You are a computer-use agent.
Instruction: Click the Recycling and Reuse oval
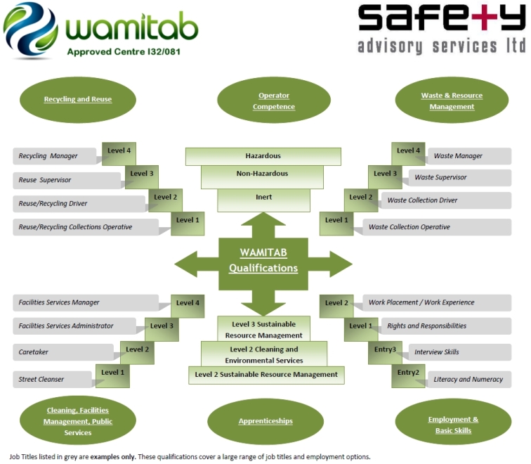point(77,99)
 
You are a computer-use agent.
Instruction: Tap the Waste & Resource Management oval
point(452,101)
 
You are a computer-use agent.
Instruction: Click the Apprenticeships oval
point(264,421)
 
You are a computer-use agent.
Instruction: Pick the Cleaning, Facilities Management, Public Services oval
point(77,421)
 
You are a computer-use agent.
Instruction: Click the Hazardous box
point(263,155)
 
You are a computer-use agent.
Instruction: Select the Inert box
point(263,198)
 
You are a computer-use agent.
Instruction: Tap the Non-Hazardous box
point(263,174)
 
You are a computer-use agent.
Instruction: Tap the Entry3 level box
point(385,350)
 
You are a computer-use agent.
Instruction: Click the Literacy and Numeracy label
point(468,380)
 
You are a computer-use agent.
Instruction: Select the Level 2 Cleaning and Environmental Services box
point(264,354)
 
